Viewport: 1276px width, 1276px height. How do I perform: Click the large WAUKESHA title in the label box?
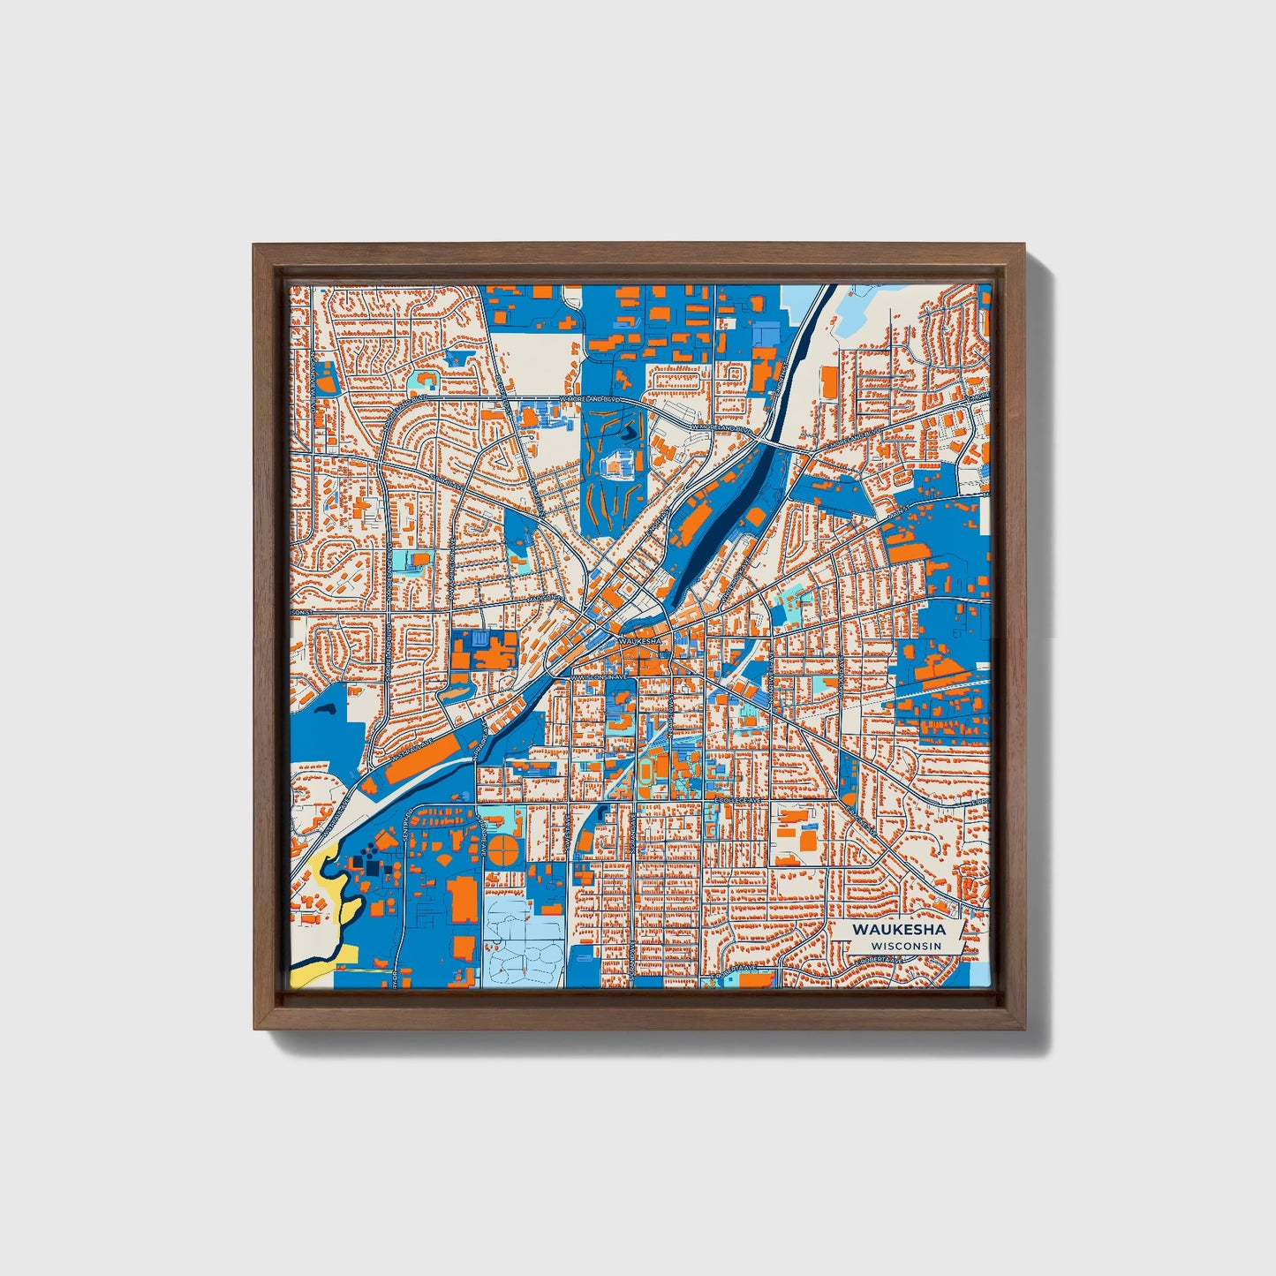tap(898, 930)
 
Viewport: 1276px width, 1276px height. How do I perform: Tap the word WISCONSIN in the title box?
tap(905, 946)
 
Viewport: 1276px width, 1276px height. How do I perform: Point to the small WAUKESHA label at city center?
tap(639, 640)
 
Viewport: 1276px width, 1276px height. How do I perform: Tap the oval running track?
tap(650, 772)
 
